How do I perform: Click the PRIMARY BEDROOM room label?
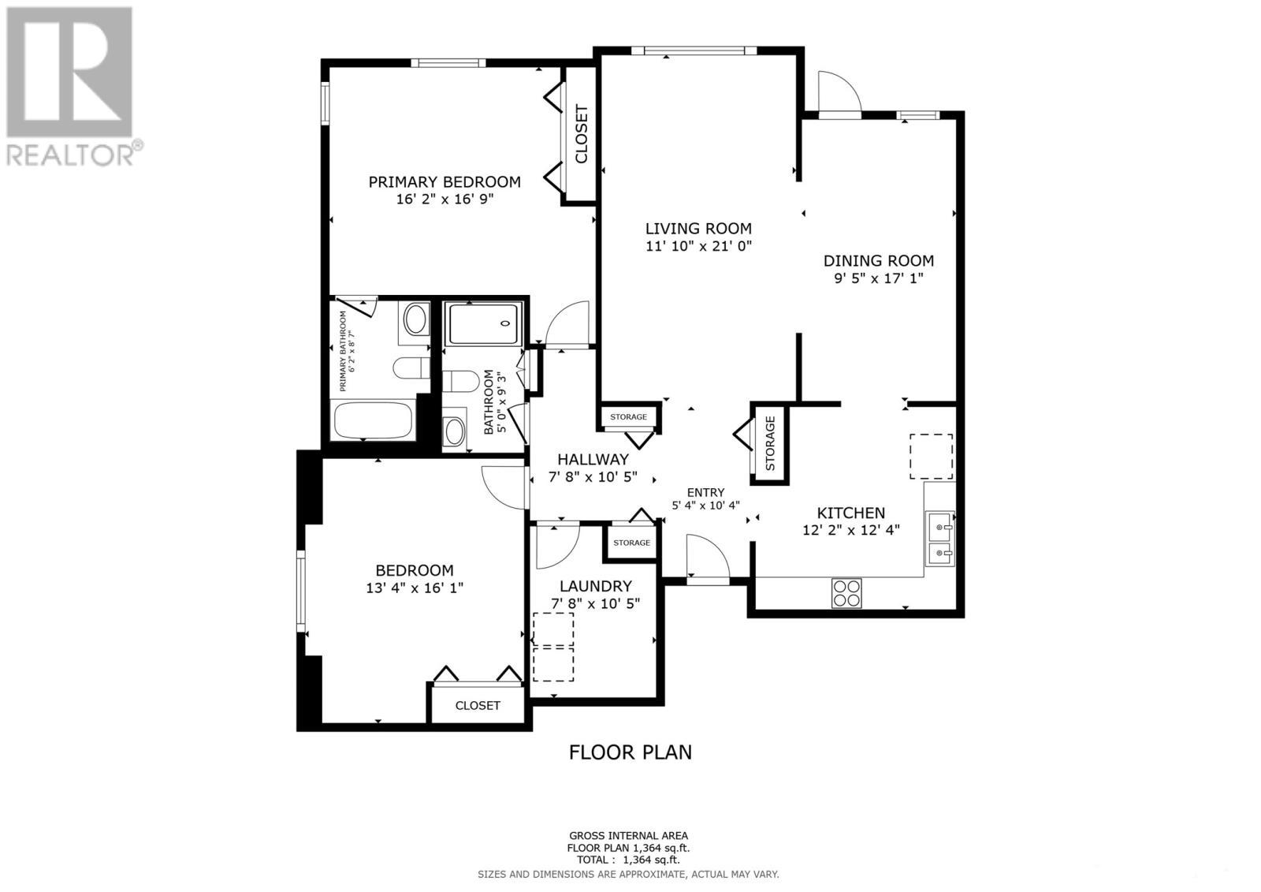pos(445,182)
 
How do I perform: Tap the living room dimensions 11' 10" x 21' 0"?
pos(698,246)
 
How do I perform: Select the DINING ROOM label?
pos(878,261)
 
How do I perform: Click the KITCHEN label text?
pos(850,513)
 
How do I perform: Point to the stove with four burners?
pos(846,592)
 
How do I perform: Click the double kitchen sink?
pos(940,539)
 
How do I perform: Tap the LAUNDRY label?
pos(595,586)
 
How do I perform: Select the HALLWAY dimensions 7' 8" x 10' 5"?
pos(592,477)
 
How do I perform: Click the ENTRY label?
pos(705,492)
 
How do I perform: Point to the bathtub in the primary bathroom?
pos(374,420)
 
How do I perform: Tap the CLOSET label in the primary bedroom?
pos(582,134)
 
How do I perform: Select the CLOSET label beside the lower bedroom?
pos(478,705)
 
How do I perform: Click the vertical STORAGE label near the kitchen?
pos(770,442)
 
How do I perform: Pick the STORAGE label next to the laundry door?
pos(631,543)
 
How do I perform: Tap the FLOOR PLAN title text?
pos(630,752)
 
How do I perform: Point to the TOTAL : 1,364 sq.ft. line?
pos(628,860)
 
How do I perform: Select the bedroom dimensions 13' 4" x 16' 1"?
pos(414,588)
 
